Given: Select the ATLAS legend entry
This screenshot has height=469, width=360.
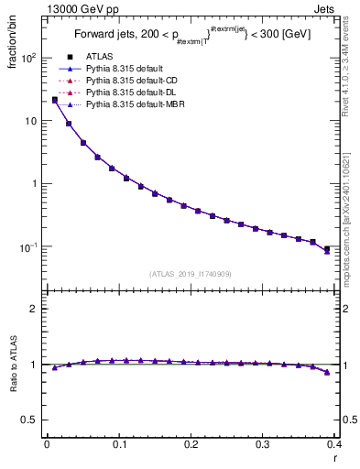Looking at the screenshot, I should click(x=109, y=58).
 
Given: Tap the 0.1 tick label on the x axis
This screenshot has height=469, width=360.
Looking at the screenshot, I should click(x=119, y=445).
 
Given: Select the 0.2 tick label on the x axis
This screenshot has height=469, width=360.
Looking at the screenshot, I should click(x=191, y=445).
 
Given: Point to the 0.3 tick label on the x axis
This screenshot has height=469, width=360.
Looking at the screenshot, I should click(x=263, y=445).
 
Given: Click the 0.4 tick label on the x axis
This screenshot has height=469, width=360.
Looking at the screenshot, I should click(x=333, y=445).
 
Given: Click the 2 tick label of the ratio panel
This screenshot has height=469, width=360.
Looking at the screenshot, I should click(x=35, y=309).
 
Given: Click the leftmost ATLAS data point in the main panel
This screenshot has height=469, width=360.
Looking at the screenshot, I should click(x=54, y=100).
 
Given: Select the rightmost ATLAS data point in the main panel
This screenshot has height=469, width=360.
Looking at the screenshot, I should click(x=327, y=248).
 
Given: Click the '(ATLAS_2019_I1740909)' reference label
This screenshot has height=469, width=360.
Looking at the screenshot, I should click(x=191, y=274).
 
